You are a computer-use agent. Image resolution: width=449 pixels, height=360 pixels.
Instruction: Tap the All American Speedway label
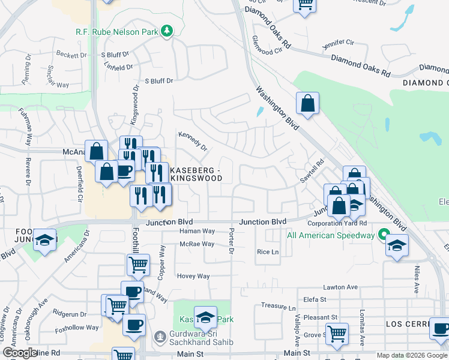(331, 235)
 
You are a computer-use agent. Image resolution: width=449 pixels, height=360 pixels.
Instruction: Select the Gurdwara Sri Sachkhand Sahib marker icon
(159, 335)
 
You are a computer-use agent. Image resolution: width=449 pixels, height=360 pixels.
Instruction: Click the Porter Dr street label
(231, 242)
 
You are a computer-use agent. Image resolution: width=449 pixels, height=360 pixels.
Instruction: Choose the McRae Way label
(197, 244)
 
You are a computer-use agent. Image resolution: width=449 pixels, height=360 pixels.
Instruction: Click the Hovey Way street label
(193, 277)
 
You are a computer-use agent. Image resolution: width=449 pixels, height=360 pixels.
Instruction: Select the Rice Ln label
(268, 252)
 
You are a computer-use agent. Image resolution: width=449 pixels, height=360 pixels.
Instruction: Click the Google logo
(20, 353)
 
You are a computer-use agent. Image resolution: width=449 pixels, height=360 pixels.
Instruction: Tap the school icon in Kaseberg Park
(205, 316)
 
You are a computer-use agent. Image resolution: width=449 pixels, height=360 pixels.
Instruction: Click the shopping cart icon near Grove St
(337, 334)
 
